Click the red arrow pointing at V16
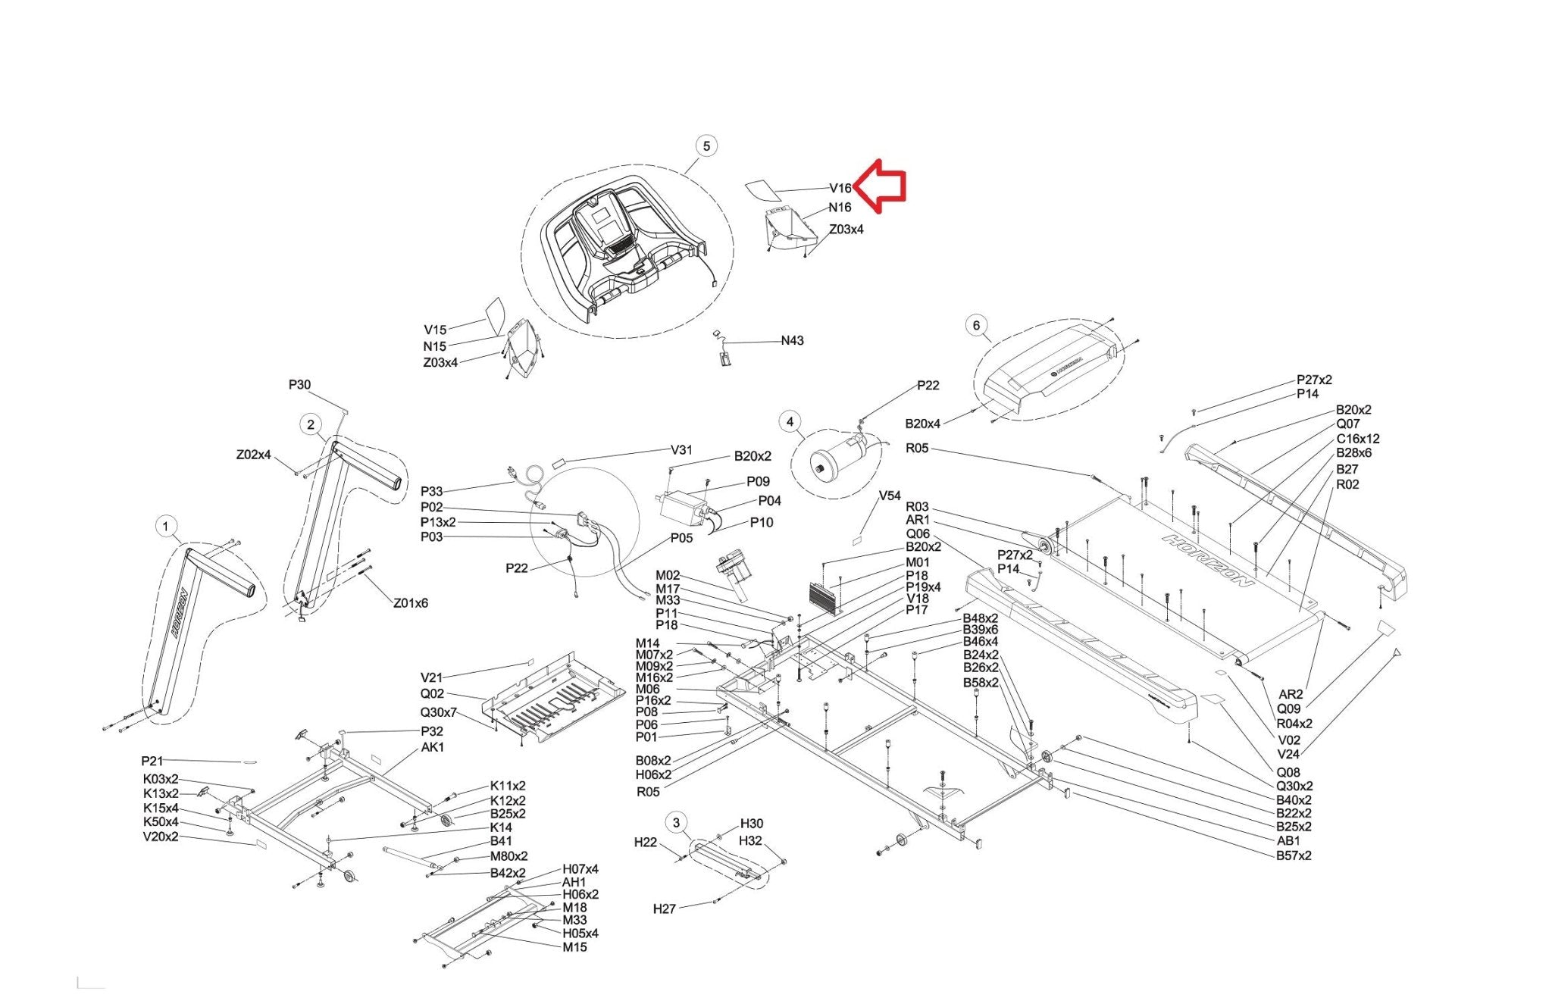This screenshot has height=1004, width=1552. click(880, 185)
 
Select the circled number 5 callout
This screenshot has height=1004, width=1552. click(706, 145)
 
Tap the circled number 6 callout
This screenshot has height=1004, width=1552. click(976, 326)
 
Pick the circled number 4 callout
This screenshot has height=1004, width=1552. click(790, 422)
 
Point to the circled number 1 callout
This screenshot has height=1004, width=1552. click(165, 527)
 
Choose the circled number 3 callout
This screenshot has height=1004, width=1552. click(677, 823)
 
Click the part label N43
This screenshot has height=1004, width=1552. click(792, 341)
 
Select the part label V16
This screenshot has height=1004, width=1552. click(840, 189)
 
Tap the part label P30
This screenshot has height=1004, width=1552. click(299, 385)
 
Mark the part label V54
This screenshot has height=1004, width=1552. click(890, 496)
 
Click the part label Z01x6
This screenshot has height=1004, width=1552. click(410, 603)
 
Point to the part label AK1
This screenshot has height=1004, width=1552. click(433, 747)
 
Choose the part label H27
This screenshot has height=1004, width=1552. click(665, 909)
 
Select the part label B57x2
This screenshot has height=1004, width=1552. click(1294, 855)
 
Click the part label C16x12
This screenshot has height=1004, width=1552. click(1358, 439)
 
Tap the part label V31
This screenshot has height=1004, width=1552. click(681, 450)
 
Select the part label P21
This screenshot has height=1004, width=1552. click(152, 761)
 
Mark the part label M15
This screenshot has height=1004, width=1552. click(574, 947)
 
